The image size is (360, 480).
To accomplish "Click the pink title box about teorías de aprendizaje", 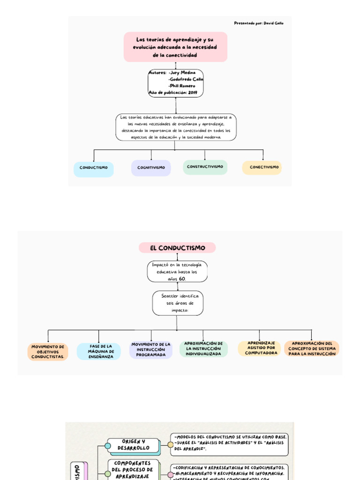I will tap(175, 47).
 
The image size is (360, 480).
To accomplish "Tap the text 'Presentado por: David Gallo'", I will tap(259, 23).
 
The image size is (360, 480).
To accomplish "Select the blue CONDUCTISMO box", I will tap(93, 168).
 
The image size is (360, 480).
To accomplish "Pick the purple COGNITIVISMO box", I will tap(151, 168).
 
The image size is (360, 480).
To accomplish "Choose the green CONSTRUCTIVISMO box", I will tap(205, 167).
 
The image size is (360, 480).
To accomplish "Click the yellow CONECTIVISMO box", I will tap(262, 167).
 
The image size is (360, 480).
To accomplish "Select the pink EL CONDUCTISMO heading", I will tap(177, 247).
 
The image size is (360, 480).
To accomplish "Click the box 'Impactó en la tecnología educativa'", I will tap(177, 271).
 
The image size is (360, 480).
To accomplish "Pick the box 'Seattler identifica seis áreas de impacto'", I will tap(177, 303).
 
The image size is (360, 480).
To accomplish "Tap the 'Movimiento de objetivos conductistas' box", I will tap(48, 352).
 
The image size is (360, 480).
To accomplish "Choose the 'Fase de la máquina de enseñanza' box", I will tap(101, 352).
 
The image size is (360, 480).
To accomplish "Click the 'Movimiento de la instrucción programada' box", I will tap(151, 350).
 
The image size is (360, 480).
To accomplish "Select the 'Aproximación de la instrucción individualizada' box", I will tap(203, 349).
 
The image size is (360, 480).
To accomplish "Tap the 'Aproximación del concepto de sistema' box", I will tap(312, 348).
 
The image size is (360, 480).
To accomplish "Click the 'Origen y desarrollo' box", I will tap(133, 445).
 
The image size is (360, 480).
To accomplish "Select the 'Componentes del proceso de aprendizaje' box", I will tap(133, 469).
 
